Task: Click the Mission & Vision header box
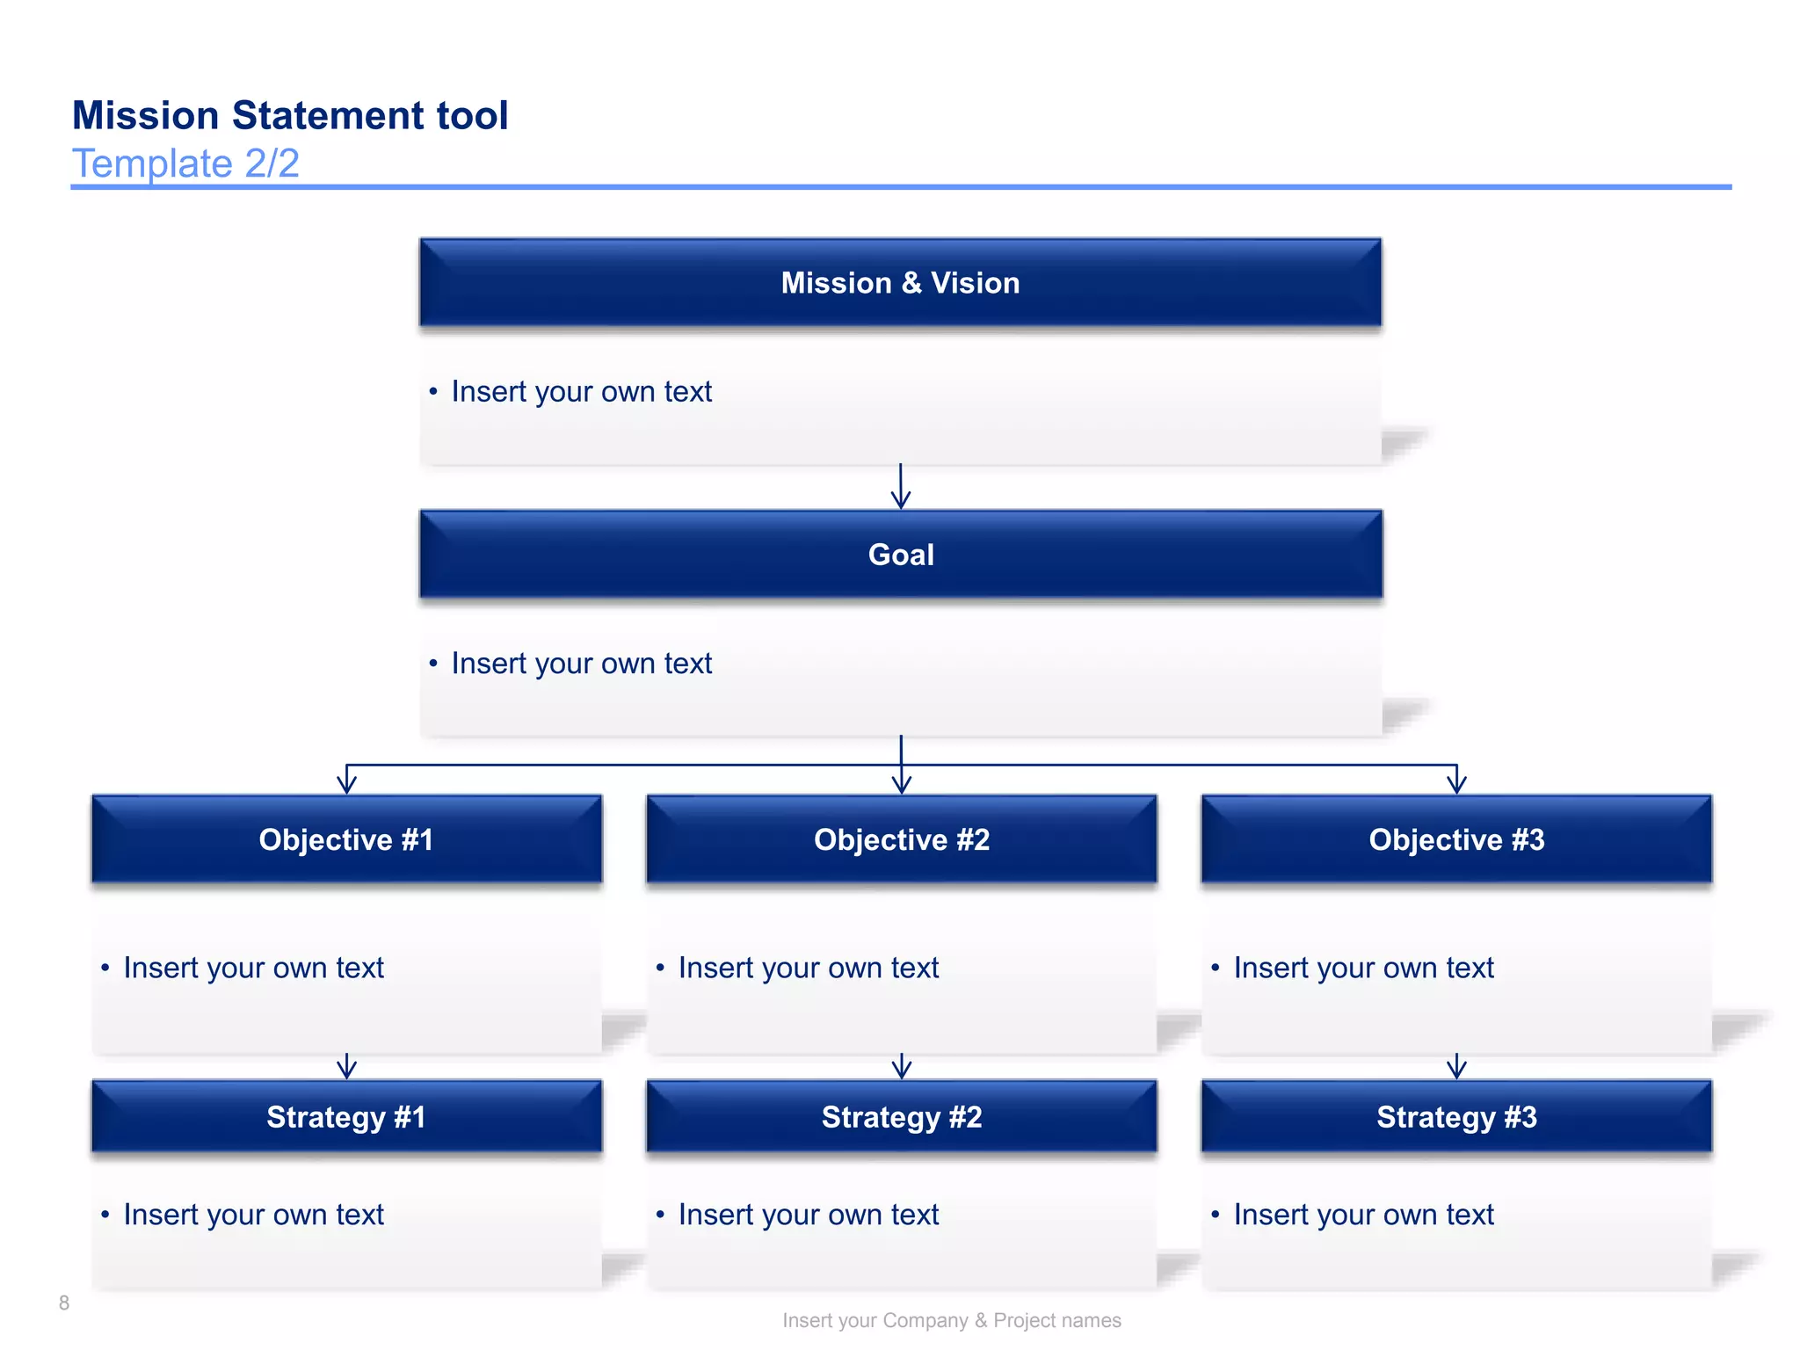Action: click(900, 283)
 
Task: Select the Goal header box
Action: click(900, 555)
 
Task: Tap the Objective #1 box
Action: click(346, 839)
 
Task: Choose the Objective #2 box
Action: click(901, 839)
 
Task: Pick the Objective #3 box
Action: click(1455, 839)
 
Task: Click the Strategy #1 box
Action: click(346, 1117)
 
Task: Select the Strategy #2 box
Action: click(901, 1117)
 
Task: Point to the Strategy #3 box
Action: click(1455, 1117)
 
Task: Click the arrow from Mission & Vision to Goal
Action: click(900, 487)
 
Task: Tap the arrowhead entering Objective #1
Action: click(347, 782)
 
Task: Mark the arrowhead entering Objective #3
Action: click(1456, 782)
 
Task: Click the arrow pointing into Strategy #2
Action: click(901, 1067)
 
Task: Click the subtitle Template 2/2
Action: click(185, 163)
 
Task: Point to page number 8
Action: click(64, 1303)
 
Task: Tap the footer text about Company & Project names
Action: click(951, 1320)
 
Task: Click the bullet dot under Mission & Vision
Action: click(433, 392)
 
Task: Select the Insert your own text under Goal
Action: click(581, 664)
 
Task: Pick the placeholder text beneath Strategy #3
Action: click(1363, 1215)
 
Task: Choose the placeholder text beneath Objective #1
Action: click(253, 968)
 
